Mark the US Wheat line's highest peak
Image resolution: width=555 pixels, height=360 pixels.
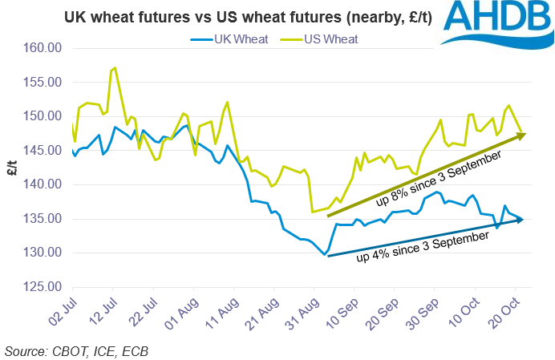click(x=115, y=68)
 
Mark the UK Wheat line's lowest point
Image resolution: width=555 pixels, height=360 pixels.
click(x=325, y=255)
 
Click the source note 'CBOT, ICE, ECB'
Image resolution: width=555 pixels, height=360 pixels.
click(x=76, y=350)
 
